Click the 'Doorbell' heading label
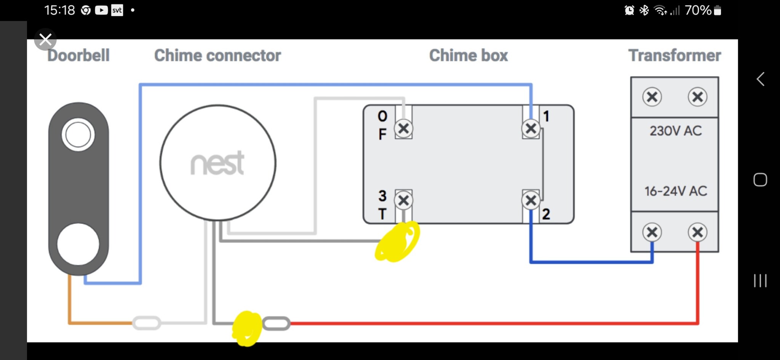point(78,56)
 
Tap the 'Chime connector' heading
point(217,56)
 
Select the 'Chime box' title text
point(468,56)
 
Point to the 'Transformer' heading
point(675,56)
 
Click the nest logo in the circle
point(217,163)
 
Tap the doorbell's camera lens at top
point(78,135)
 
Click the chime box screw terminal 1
point(531,129)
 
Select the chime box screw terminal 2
point(531,200)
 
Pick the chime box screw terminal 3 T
point(404,200)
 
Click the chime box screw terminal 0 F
point(404,129)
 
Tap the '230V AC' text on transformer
point(676,131)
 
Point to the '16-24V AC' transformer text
point(676,191)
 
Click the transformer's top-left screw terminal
point(652,97)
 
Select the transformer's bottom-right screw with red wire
point(698,232)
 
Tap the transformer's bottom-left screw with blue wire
point(652,232)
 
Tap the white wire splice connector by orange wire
point(147,323)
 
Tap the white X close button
point(45,39)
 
